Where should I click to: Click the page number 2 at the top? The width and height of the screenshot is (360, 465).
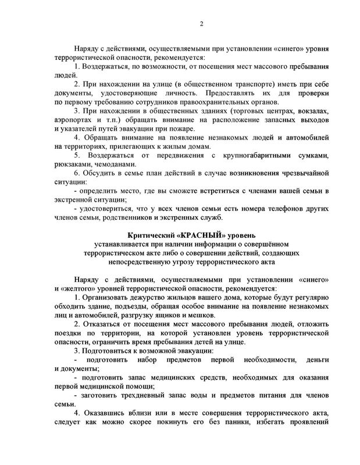pyautogui.click(x=201, y=23)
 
